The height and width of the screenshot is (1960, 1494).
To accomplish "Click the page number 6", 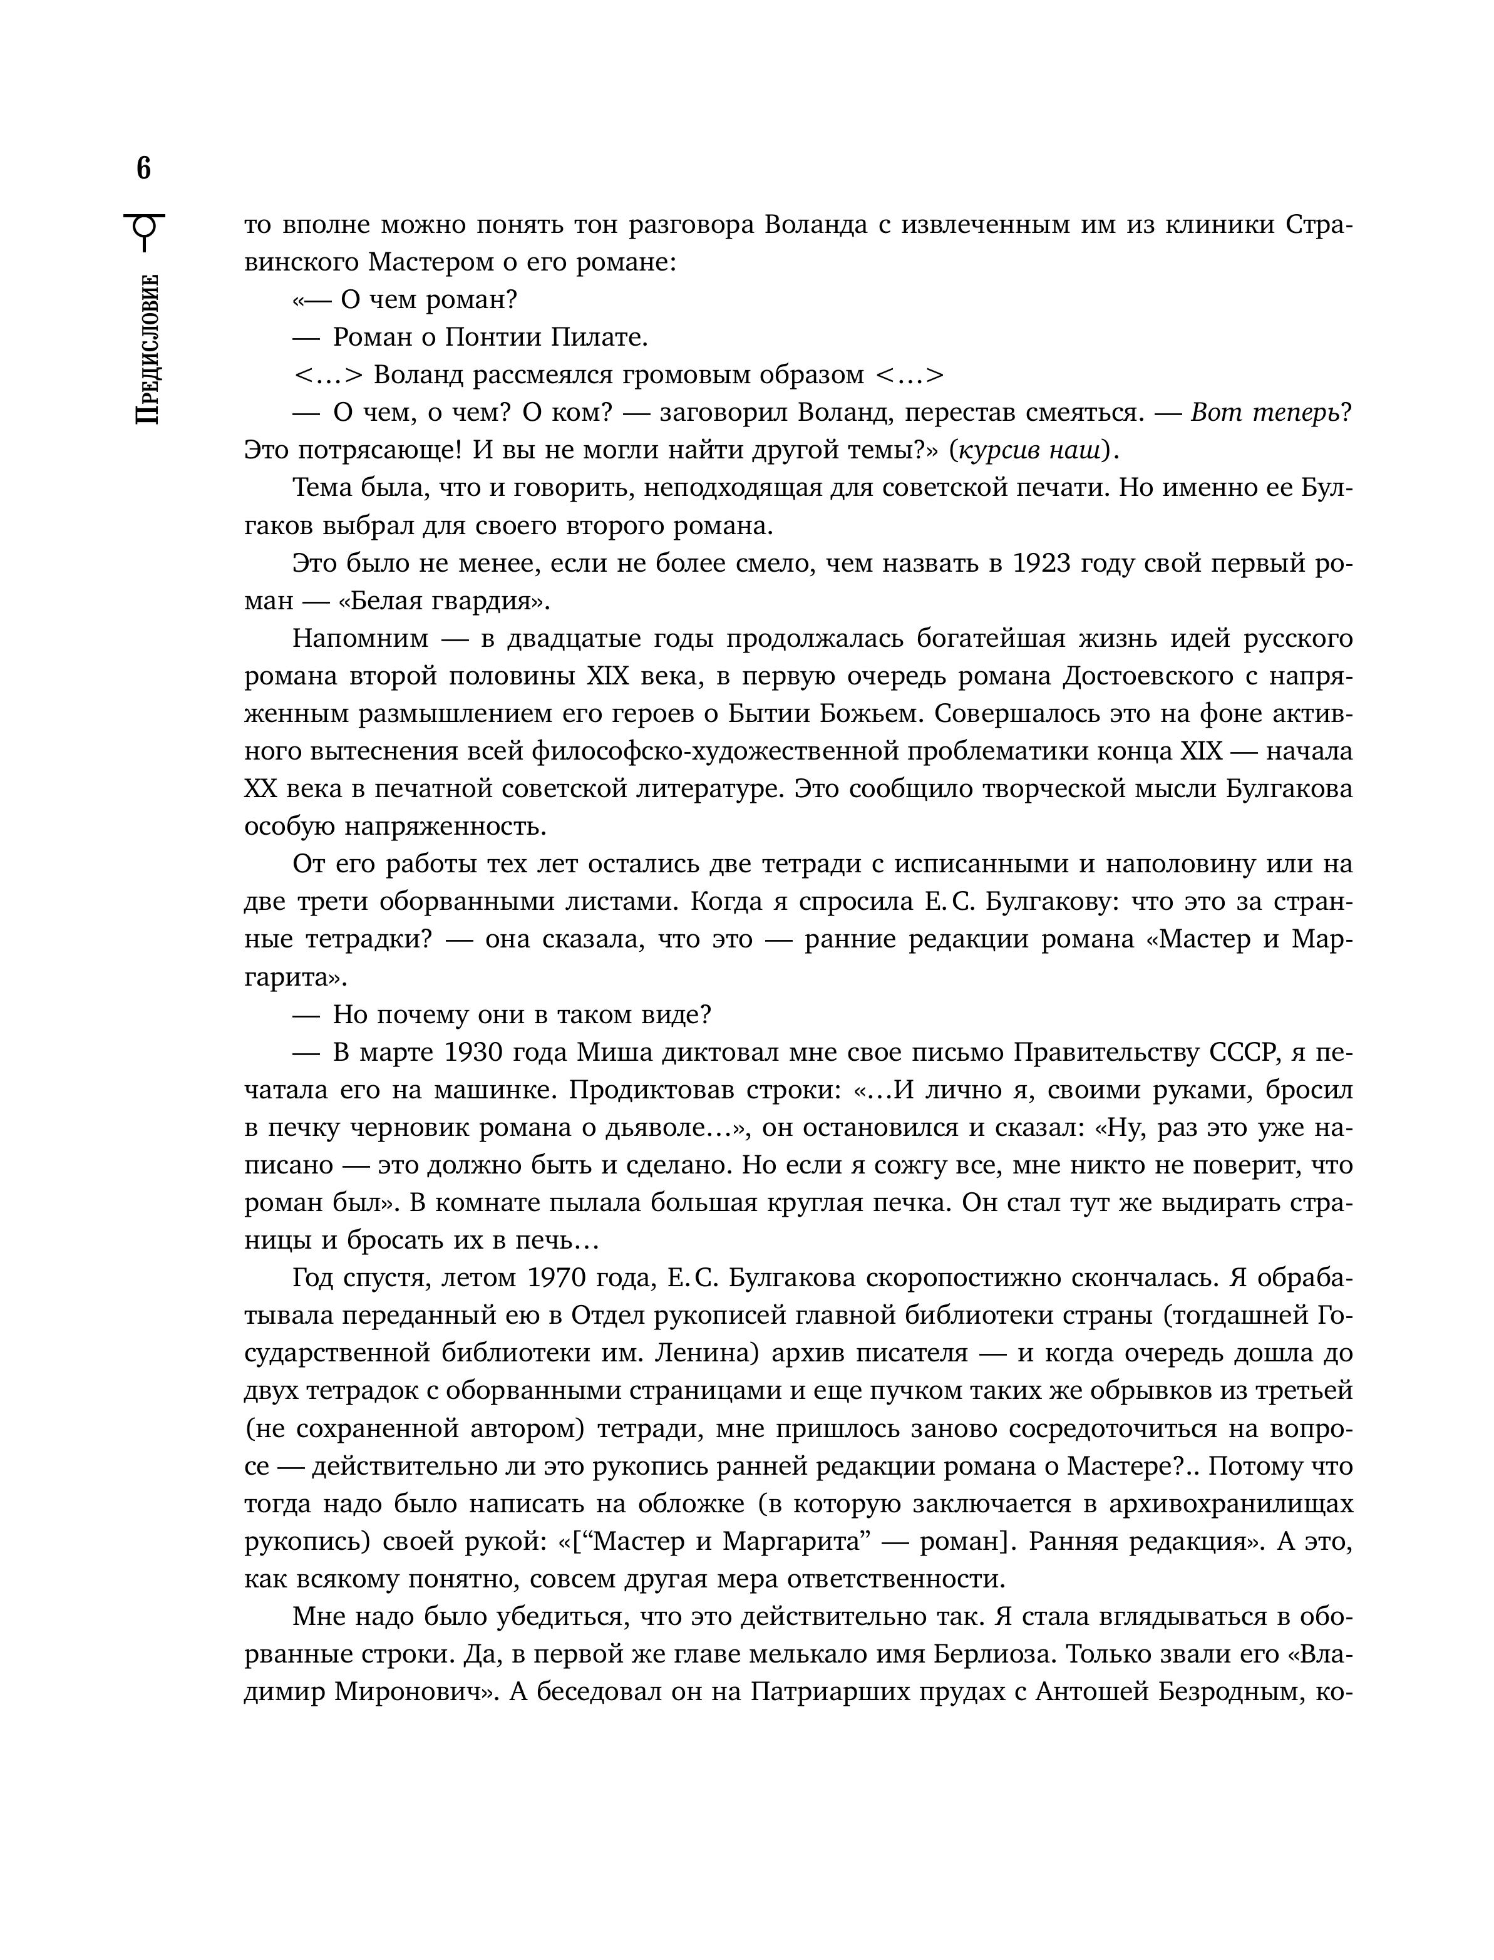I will coord(144,168).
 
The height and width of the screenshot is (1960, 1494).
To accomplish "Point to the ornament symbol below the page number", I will coord(145,233).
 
